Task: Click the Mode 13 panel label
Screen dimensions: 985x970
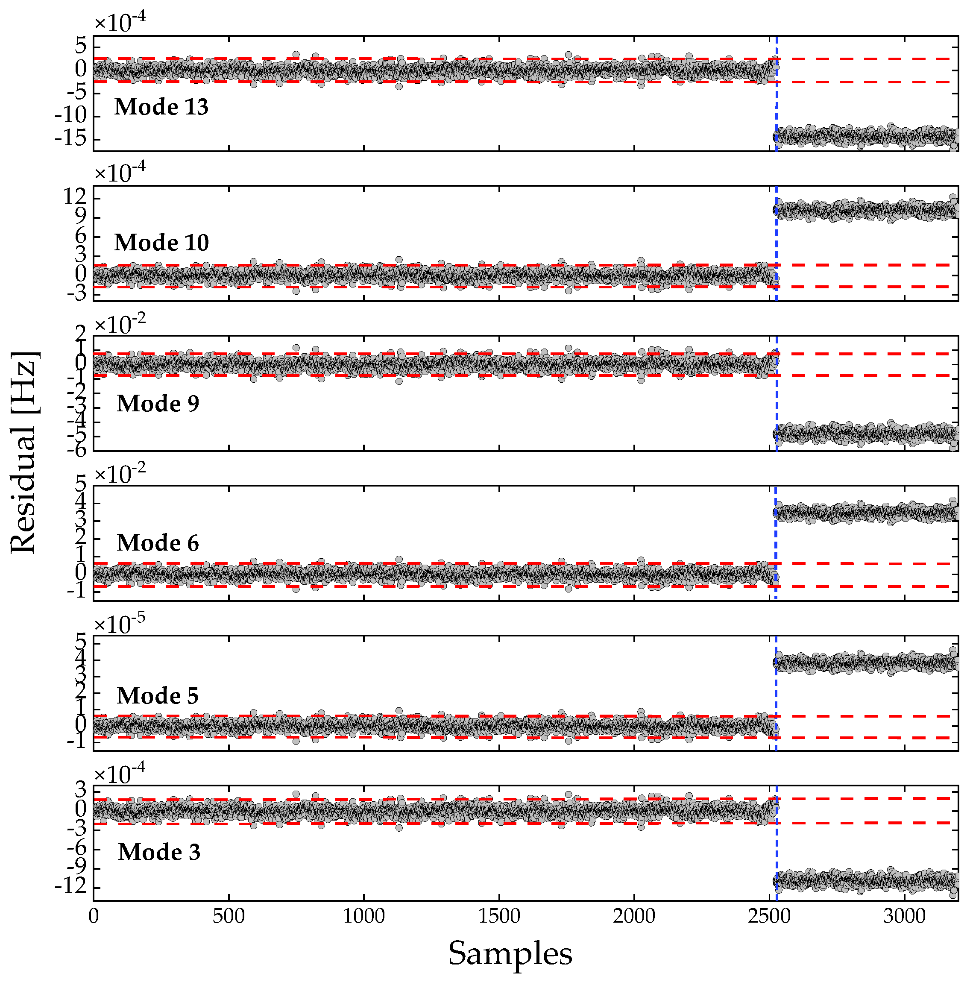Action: point(161,107)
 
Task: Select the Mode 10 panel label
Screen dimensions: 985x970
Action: point(161,243)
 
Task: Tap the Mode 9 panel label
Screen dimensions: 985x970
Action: point(158,404)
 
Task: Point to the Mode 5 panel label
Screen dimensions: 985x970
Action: point(158,695)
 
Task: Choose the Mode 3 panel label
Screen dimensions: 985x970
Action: point(159,852)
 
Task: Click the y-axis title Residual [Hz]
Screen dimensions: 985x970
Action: point(24,452)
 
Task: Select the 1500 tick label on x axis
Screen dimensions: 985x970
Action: point(499,916)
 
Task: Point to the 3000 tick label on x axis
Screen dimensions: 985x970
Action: point(904,916)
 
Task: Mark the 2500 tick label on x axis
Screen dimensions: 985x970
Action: point(769,916)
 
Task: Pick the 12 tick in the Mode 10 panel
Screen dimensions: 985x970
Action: point(74,196)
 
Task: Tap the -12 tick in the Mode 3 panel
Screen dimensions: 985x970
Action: point(71,886)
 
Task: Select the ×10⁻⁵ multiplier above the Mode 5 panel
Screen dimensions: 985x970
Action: point(120,623)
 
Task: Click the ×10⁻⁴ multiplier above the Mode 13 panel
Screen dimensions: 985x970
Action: point(120,21)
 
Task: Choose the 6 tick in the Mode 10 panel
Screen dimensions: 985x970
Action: point(80,236)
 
